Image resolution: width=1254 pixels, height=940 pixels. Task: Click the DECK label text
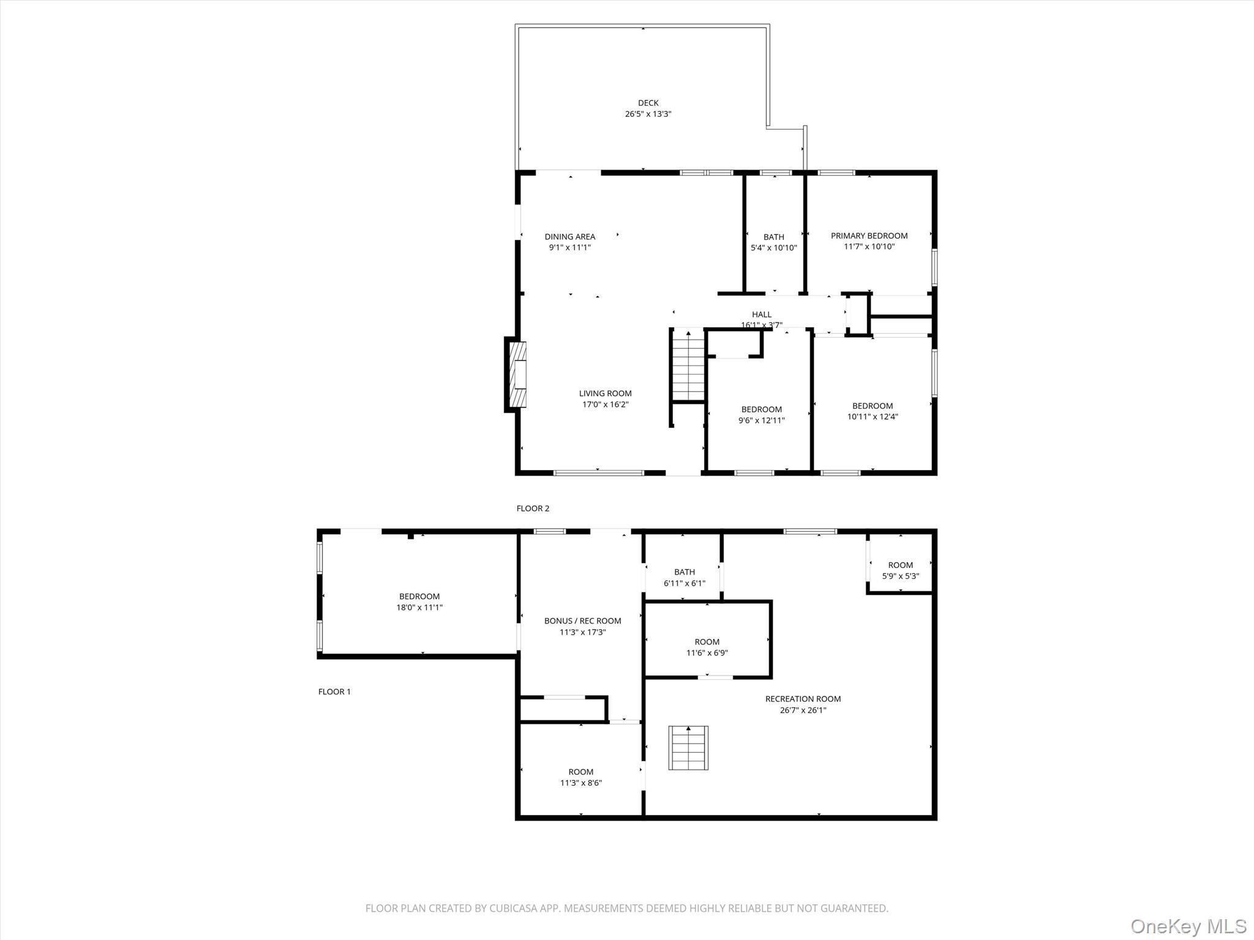pyautogui.click(x=648, y=103)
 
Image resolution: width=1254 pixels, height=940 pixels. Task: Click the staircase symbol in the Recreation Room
pyautogui.click(x=688, y=747)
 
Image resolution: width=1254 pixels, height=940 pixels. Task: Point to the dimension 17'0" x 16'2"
pyautogui.click(x=605, y=405)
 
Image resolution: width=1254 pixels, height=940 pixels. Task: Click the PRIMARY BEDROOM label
pyautogui.click(x=869, y=236)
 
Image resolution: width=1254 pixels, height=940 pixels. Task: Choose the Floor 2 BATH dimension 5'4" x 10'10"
pyautogui.click(x=773, y=248)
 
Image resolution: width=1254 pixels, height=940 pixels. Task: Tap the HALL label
pyautogui.click(x=761, y=315)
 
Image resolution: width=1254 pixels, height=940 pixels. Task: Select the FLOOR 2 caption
pyautogui.click(x=533, y=508)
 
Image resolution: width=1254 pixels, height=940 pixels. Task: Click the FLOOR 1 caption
pyautogui.click(x=334, y=692)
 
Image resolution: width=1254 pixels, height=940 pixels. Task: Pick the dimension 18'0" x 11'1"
pyautogui.click(x=419, y=608)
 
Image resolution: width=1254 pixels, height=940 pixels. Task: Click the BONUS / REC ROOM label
pyautogui.click(x=582, y=621)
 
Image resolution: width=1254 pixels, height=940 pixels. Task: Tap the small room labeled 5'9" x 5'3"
pyautogui.click(x=900, y=570)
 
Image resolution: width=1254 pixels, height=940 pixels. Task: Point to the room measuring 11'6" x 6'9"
pyautogui.click(x=707, y=647)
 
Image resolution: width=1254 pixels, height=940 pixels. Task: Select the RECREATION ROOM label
pyautogui.click(x=803, y=699)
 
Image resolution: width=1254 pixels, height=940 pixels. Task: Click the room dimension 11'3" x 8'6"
pyautogui.click(x=580, y=783)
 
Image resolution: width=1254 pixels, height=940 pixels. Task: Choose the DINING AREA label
pyautogui.click(x=569, y=236)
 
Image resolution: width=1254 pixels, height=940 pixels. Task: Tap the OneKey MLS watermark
pyautogui.click(x=1188, y=926)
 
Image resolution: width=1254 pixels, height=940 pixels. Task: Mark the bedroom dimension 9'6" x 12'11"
pyautogui.click(x=761, y=420)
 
